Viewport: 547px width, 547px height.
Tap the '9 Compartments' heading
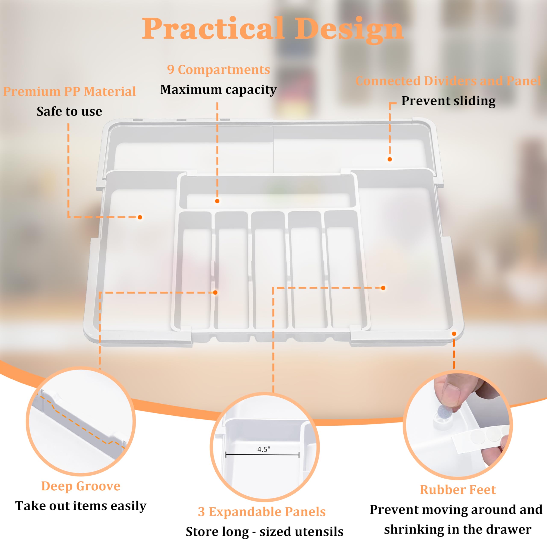click(218, 70)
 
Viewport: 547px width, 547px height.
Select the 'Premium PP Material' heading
click(69, 92)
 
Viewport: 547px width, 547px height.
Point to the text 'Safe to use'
click(69, 111)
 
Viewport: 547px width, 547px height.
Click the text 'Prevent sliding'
click(448, 101)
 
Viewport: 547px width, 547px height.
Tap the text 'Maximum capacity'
click(218, 90)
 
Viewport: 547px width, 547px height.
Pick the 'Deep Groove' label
click(81, 486)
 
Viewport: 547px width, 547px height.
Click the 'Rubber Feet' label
click(458, 490)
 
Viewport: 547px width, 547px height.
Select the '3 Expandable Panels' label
click(262, 512)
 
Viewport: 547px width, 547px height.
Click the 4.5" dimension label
click(264, 449)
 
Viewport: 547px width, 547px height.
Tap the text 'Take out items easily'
click(81, 506)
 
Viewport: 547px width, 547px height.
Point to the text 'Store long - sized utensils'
click(265, 531)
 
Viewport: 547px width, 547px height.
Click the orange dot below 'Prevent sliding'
click(390, 159)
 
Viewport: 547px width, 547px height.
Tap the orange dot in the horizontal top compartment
click(217, 201)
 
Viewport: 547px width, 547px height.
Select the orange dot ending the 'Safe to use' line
click(140, 217)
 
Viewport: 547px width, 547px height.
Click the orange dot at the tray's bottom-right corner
click(454, 334)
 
